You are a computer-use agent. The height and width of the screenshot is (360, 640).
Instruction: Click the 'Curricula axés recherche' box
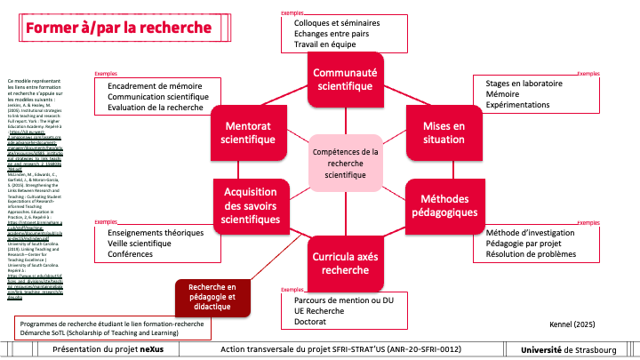(x=344, y=261)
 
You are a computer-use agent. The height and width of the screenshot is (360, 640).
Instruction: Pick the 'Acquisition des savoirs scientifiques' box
(x=251, y=207)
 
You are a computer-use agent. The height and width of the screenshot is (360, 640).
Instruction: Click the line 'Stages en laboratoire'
(x=524, y=83)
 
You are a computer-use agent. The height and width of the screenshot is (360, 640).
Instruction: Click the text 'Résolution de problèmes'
(x=531, y=254)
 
